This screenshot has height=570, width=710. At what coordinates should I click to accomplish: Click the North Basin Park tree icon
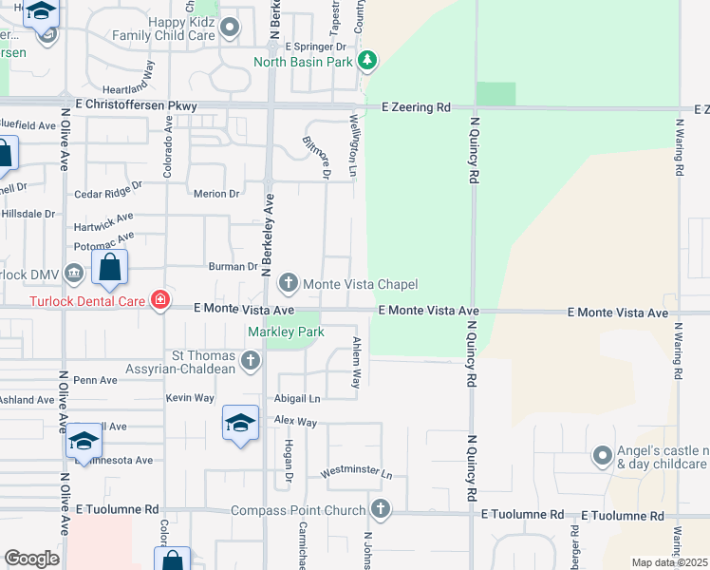point(368,63)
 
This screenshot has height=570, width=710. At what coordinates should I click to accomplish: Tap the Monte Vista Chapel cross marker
point(289,283)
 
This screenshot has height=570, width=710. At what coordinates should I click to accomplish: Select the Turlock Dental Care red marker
point(159,301)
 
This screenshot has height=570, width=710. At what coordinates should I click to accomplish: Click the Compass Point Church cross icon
point(380,510)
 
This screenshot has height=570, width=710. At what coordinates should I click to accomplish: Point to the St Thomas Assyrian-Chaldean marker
point(250,360)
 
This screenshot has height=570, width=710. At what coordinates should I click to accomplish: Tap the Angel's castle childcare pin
point(602,456)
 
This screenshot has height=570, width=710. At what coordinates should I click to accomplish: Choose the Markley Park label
point(286,332)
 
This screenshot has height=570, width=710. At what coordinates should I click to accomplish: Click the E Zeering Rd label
point(416,108)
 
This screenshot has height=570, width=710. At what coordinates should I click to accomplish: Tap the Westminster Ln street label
point(356,471)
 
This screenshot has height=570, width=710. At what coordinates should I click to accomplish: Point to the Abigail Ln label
point(297,399)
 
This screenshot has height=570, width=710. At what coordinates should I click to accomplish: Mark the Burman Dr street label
point(234,267)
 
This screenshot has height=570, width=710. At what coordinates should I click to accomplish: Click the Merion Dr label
point(215,194)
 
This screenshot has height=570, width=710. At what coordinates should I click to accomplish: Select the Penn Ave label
point(95,380)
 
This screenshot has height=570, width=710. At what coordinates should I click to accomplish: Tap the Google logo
point(31,559)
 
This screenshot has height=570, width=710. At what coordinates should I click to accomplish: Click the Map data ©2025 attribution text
point(669,562)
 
